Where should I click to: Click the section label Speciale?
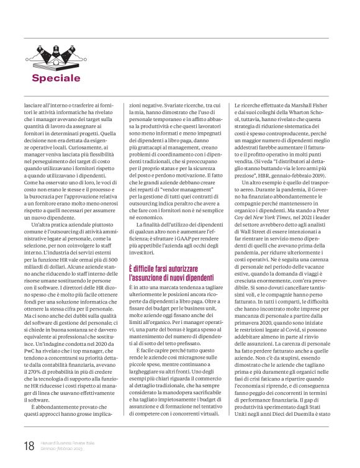pos(65,78)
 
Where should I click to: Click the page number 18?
pos(29,446)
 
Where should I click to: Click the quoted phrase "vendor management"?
pos(183,169)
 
